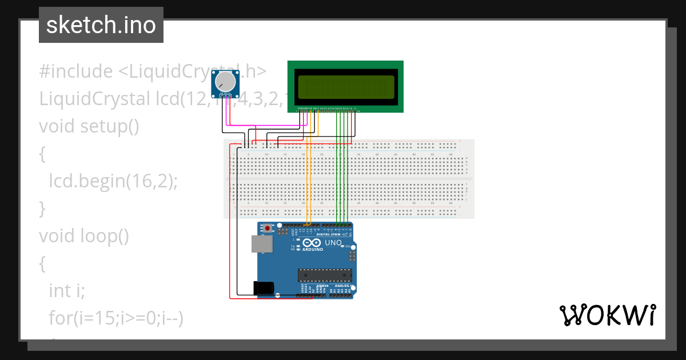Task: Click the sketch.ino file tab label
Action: click(101, 25)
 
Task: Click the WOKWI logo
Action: click(607, 315)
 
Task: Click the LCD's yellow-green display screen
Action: click(346, 86)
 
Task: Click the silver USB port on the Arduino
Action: click(262, 244)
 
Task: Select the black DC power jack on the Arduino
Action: click(264, 287)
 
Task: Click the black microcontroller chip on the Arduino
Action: click(324, 275)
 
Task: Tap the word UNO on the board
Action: click(333, 243)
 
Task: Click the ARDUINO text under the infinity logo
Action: click(313, 250)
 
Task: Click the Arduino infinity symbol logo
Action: click(313, 242)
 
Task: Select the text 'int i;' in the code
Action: click(67, 291)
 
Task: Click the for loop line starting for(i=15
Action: click(115, 318)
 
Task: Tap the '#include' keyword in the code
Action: click(76, 71)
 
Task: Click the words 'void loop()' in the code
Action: click(84, 236)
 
